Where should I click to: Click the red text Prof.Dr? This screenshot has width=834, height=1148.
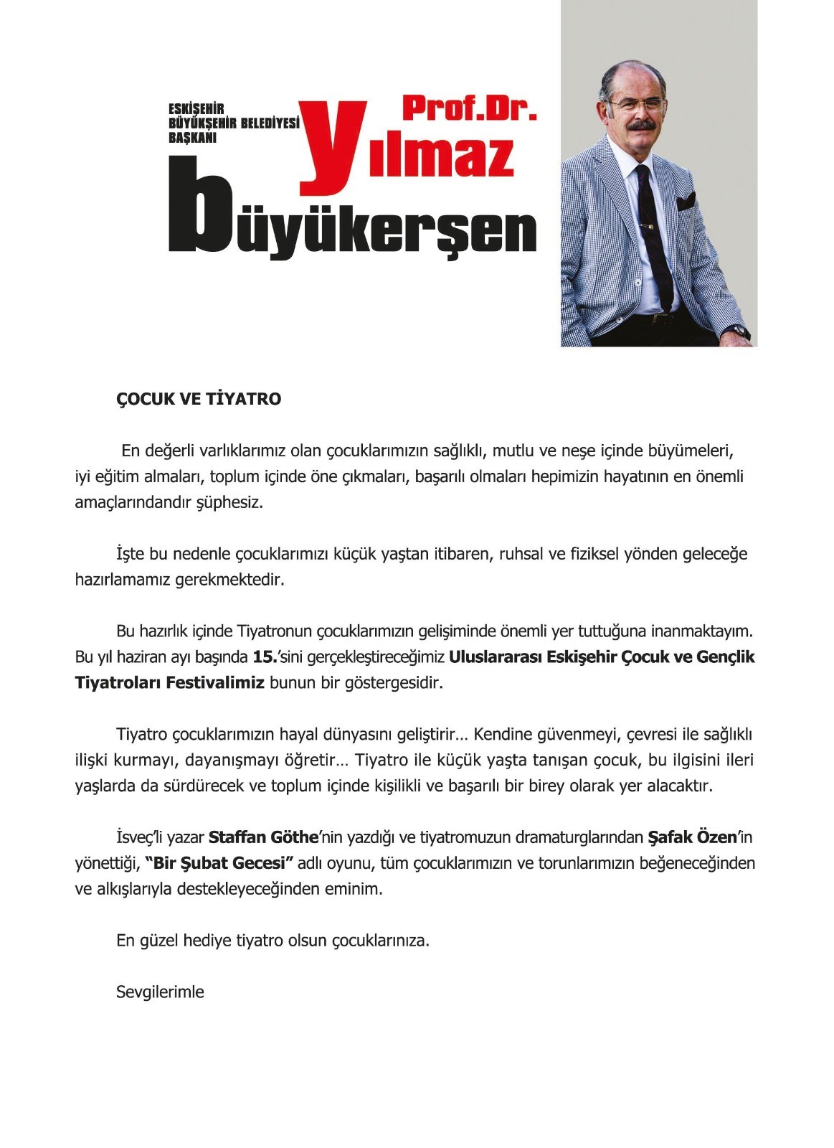coord(469,108)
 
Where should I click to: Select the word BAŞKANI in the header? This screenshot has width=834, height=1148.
coord(192,138)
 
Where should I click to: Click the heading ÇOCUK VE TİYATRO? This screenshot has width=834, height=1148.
coord(199,400)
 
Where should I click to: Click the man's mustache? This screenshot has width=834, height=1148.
coord(639,126)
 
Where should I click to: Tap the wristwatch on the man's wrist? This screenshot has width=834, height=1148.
coord(739,332)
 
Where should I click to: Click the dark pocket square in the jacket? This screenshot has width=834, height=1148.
coord(686,202)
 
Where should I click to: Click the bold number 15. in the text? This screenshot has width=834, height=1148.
coord(265,657)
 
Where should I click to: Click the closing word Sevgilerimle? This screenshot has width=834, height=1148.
coord(160,992)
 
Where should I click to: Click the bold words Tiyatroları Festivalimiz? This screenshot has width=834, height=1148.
coord(170,683)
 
